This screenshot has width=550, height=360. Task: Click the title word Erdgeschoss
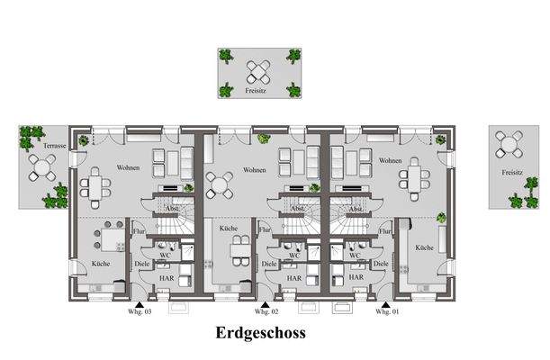(260, 333)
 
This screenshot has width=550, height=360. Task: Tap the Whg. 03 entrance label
(141, 311)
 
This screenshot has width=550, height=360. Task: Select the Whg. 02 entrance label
(263, 311)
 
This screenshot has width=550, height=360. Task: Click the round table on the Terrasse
(41, 166)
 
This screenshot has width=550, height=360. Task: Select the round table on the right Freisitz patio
(511, 144)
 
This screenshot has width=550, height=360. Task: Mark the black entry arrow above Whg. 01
(385, 303)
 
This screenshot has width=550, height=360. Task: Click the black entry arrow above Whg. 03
(135, 303)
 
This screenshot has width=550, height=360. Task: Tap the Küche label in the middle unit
(228, 229)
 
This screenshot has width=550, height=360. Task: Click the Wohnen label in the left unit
(128, 168)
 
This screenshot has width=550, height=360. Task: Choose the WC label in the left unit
(166, 256)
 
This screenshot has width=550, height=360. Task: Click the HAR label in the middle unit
(293, 279)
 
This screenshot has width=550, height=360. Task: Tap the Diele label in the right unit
(381, 264)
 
